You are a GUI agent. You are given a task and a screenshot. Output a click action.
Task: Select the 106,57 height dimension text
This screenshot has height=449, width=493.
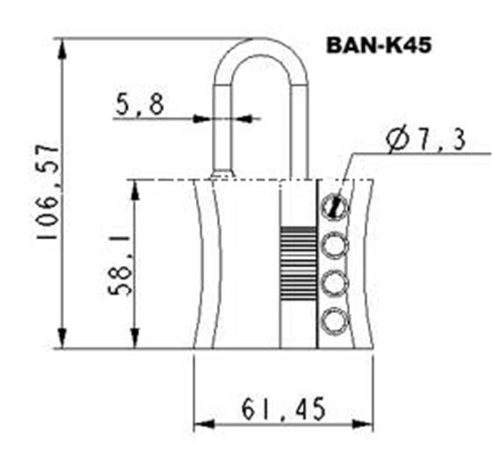(x=49, y=192)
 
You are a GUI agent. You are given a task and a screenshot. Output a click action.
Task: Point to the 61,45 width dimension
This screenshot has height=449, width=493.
(x=283, y=409)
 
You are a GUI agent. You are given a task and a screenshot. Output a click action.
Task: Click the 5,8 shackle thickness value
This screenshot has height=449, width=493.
(x=140, y=105)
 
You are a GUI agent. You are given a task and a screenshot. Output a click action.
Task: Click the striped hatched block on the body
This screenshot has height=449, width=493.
(x=298, y=264)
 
